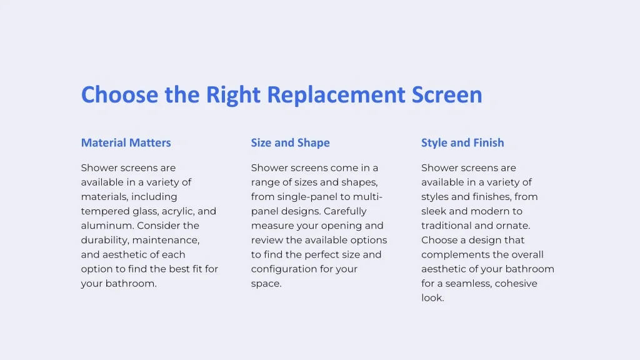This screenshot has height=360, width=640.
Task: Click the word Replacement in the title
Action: tap(336, 95)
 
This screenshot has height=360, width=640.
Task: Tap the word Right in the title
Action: tap(232, 95)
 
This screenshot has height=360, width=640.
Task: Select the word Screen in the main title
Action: tap(447, 95)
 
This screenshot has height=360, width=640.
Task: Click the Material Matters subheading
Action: tap(126, 143)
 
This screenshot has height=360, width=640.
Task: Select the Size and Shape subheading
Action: tap(290, 143)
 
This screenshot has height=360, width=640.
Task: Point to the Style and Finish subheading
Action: tap(462, 143)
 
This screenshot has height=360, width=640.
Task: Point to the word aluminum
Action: tap(107, 226)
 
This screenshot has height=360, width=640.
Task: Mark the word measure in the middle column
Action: tap(271, 226)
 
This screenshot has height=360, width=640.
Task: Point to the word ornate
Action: tap(513, 226)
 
